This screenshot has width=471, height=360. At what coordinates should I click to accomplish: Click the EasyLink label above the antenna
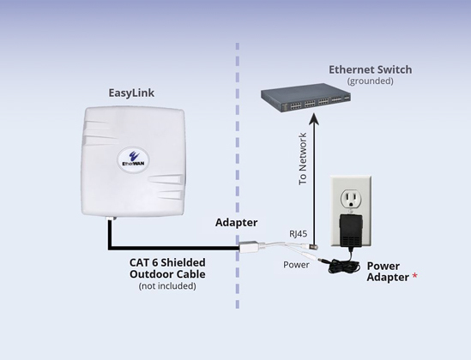click(131, 93)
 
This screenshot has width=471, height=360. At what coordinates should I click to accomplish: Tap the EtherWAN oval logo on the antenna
click(133, 159)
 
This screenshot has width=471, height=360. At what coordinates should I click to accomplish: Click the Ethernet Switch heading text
click(371, 69)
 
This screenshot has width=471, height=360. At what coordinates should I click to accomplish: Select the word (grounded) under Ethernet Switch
click(370, 81)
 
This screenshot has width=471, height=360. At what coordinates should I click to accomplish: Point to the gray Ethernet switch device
click(305, 98)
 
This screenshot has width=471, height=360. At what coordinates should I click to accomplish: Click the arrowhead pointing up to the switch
click(314, 118)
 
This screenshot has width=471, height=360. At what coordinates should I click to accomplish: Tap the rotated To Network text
click(303, 159)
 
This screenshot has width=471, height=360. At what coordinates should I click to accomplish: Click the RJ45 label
click(299, 234)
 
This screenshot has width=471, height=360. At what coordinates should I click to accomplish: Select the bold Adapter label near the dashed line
click(237, 223)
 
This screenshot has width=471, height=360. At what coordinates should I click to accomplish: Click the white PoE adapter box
click(249, 247)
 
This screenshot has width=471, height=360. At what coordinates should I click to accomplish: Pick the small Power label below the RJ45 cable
click(296, 265)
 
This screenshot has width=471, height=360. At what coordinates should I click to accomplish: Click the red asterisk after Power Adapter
click(414, 276)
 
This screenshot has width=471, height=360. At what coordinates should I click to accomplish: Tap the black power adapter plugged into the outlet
click(351, 231)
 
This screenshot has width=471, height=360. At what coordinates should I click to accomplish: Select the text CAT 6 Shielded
click(167, 262)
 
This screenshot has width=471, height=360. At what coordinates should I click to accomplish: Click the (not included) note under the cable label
click(167, 286)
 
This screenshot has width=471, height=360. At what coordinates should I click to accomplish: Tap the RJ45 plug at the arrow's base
click(313, 247)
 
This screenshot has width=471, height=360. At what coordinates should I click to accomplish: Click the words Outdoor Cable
click(167, 274)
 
